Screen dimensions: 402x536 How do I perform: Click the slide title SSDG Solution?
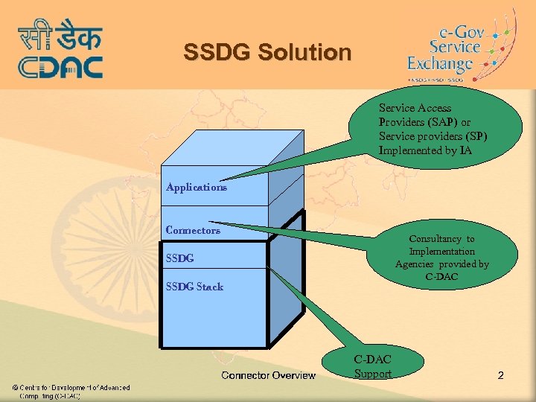point(267,53)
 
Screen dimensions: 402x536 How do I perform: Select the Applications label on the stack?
point(197,188)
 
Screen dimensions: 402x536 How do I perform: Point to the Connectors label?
point(193,230)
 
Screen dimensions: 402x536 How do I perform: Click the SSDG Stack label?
point(194,287)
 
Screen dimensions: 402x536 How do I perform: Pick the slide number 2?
point(500,375)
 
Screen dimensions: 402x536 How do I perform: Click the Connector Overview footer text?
point(268,375)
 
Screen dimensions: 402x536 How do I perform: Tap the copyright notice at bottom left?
point(70,392)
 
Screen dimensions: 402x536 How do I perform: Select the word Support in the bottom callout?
point(372,374)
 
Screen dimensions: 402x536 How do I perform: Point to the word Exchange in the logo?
point(440,65)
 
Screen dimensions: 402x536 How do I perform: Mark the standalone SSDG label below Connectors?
point(179,258)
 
